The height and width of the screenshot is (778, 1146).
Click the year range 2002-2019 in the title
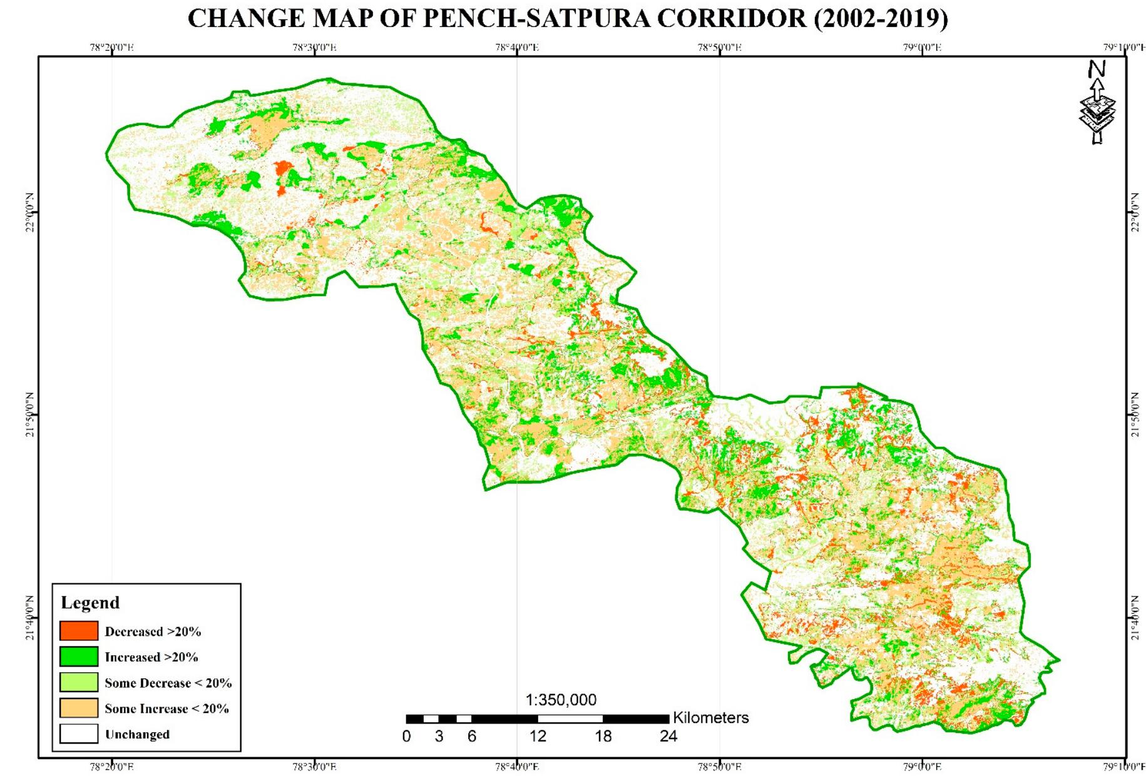coord(881,19)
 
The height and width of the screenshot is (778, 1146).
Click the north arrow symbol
coord(1097,103)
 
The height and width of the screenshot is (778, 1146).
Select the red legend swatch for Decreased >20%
coord(79,631)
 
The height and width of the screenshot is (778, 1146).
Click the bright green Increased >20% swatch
coord(79,657)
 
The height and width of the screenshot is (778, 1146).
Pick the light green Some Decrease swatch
coord(79,682)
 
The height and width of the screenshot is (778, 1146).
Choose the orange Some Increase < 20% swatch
coord(79,708)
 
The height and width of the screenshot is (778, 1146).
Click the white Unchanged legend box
coord(79,734)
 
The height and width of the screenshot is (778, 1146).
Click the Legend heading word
coord(90,603)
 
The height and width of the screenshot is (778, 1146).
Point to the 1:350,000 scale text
coord(561,700)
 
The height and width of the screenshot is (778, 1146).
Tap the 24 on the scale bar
coord(668,737)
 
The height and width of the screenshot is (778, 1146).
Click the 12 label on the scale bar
coord(538,737)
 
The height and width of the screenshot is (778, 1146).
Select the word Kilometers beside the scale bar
coord(710,718)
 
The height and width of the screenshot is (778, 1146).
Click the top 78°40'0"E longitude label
coord(517,48)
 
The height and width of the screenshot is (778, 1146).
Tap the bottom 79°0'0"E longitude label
coord(922,767)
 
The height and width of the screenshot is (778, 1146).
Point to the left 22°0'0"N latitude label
coord(29,213)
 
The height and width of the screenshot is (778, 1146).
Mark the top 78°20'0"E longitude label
coord(112,48)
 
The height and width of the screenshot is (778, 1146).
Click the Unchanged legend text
coord(137,734)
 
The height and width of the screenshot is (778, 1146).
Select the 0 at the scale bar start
coord(406,737)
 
